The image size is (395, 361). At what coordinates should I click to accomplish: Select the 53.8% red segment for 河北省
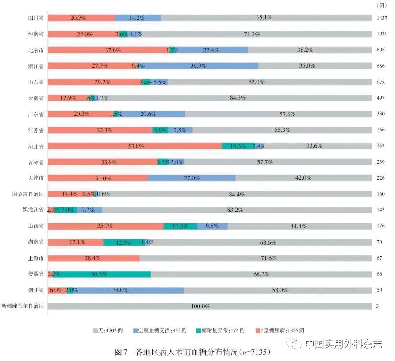click(134, 146)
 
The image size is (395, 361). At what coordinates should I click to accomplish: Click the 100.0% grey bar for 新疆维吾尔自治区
click(209, 306)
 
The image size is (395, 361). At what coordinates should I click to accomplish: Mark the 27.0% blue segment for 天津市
click(191, 178)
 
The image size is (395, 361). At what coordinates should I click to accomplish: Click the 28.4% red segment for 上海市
click(93, 258)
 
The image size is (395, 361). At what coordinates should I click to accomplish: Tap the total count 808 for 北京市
click(381, 50)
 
